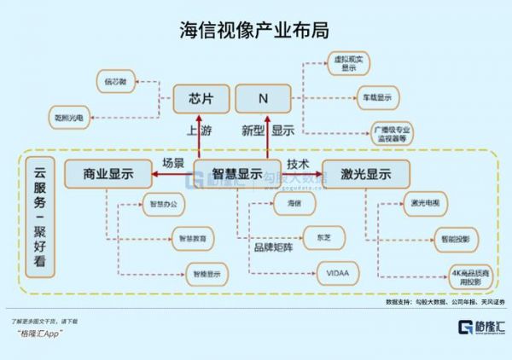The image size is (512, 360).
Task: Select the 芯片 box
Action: (x=201, y=99)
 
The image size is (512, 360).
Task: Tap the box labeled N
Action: (x=264, y=99)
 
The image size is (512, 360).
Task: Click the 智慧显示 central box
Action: (x=237, y=173)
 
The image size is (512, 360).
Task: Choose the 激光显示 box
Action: (x=365, y=173)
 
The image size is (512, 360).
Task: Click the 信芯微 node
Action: (x=115, y=82)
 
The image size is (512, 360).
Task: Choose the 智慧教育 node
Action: (x=193, y=236)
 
